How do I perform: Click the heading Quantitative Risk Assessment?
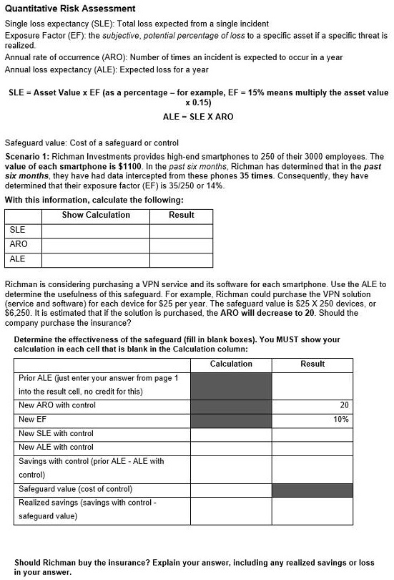70,9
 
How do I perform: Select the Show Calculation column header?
96,215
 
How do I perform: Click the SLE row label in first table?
17,230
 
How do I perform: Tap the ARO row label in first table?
19,244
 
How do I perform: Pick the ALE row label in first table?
18,259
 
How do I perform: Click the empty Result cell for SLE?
182,230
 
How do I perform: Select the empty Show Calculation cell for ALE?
96,259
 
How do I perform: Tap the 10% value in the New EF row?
341,420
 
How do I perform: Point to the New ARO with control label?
57,405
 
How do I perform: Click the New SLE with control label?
56,434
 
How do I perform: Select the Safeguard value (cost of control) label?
75,489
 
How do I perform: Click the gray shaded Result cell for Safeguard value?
312,490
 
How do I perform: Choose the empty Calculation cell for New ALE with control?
230,448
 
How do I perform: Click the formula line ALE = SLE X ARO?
198,116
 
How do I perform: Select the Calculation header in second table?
230,364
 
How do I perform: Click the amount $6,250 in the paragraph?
18,304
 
